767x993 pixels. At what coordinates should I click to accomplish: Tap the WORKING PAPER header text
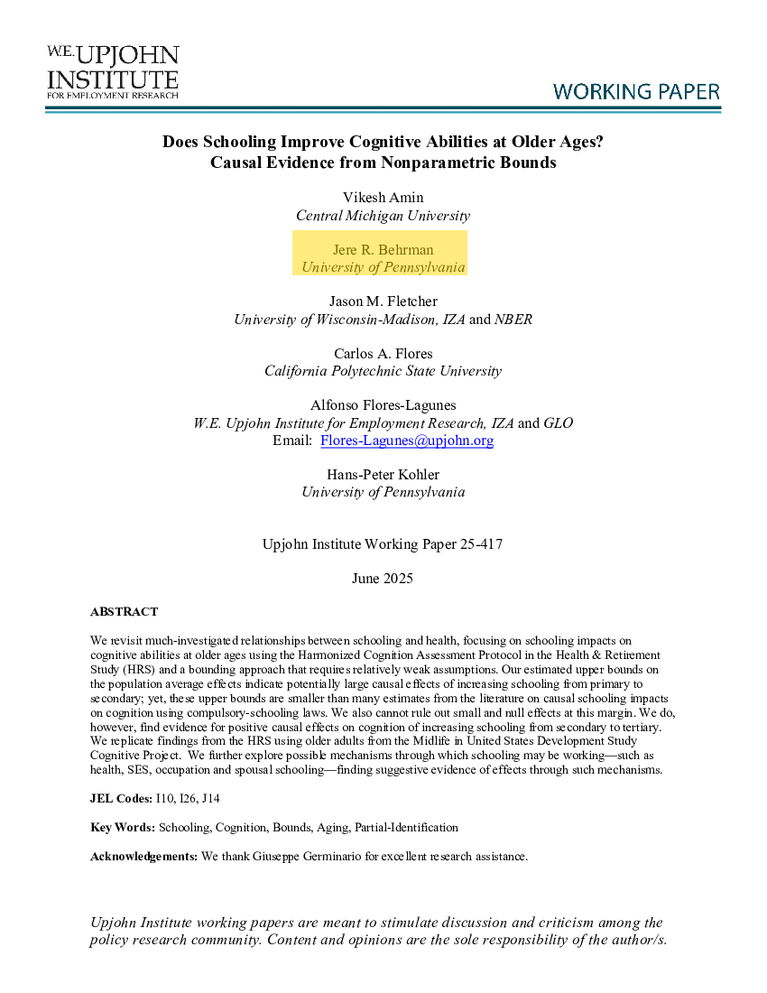pyautogui.click(x=636, y=92)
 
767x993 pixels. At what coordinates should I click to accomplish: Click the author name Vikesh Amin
pyautogui.click(x=383, y=198)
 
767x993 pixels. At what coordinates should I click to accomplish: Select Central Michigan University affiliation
pyautogui.click(x=383, y=216)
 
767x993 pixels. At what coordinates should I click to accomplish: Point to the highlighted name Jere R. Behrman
pyautogui.click(x=383, y=249)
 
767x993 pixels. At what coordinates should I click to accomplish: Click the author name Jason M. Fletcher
pyautogui.click(x=383, y=302)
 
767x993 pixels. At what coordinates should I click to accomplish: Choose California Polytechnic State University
pyautogui.click(x=383, y=371)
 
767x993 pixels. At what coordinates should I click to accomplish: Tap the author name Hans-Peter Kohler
pyautogui.click(x=383, y=474)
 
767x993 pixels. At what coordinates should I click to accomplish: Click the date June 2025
pyautogui.click(x=383, y=579)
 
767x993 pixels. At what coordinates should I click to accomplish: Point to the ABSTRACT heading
pyautogui.click(x=124, y=612)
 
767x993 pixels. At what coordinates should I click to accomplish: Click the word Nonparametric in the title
pyautogui.click(x=435, y=163)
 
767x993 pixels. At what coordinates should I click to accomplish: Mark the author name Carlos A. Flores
pyautogui.click(x=383, y=353)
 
